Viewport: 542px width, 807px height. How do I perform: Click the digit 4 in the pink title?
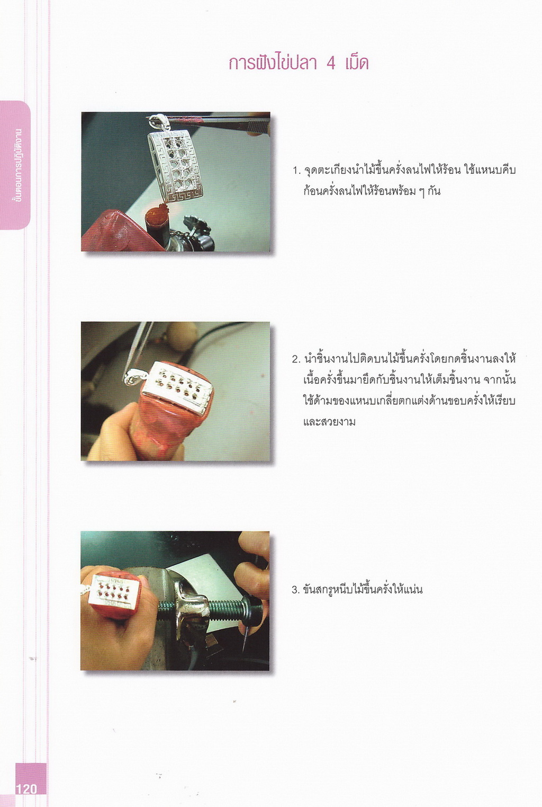click(331, 64)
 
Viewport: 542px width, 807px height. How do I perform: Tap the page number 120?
click(26, 789)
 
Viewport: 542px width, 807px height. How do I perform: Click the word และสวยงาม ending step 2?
click(329, 421)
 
